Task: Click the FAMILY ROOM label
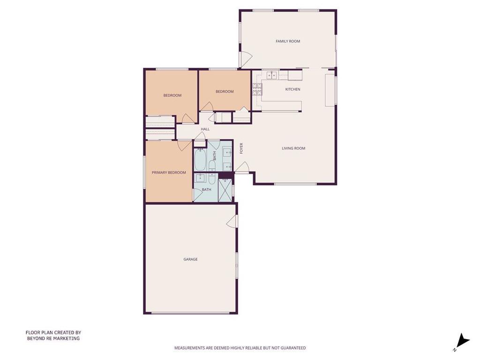[x=288, y=41]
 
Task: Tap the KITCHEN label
[x=292, y=90]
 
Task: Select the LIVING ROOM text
[x=293, y=149]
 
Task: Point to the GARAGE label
[x=190, y=259]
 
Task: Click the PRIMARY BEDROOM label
[x=169, y=172]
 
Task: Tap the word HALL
[x=205, y=129]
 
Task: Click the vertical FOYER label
[x=241, y=149]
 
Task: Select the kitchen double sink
[x=271, y=75]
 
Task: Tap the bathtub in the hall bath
[x=200, y=159]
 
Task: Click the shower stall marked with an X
[x=225, y=190]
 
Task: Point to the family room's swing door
[x=246, y=59]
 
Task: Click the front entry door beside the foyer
[x=242, y=167]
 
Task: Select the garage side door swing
[x=232, y=221]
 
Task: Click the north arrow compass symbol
[x=462, y=341]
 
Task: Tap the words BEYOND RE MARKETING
[x=53, y=338]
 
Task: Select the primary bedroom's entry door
[x=184, y=145]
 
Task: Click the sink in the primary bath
[x=201, y=178]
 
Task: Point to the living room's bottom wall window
[x=295, y=184]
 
